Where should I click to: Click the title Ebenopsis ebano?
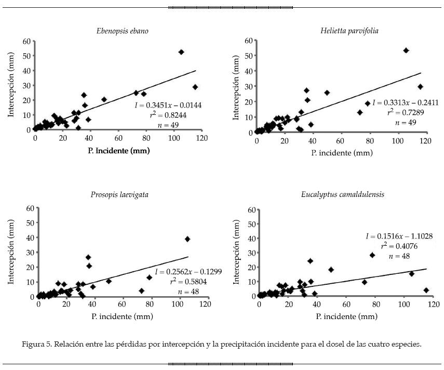122,31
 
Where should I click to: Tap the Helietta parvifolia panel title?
349,31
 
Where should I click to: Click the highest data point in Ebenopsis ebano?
181,52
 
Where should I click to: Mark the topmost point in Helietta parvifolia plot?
406,50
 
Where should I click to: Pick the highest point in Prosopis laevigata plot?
187,239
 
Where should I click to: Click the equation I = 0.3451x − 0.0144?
170,105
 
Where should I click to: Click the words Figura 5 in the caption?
36,344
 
